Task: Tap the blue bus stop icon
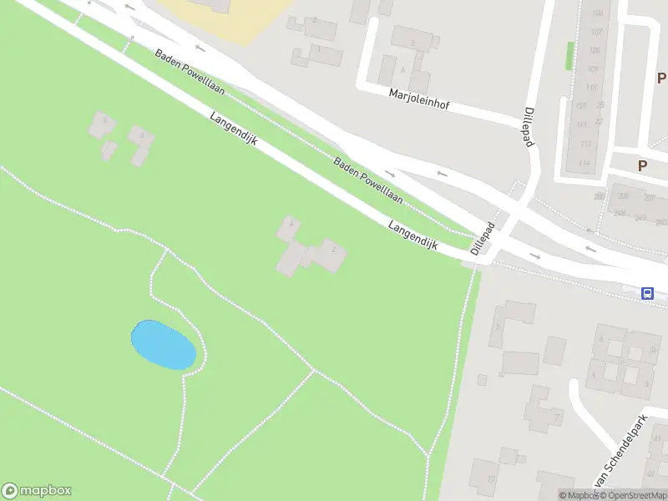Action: click(x=647, y=293)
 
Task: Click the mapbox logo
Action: click(x=37, y=491)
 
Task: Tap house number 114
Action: click(x=584, y=163)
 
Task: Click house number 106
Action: click(x=596, y=14)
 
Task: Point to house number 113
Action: click(x=584, y=144)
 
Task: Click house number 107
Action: click(x=595, y=33)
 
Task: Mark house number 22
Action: click(x=600, y=124)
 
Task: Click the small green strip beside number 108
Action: click(x=569, y=55)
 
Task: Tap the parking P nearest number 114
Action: click(x=642, y=165)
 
